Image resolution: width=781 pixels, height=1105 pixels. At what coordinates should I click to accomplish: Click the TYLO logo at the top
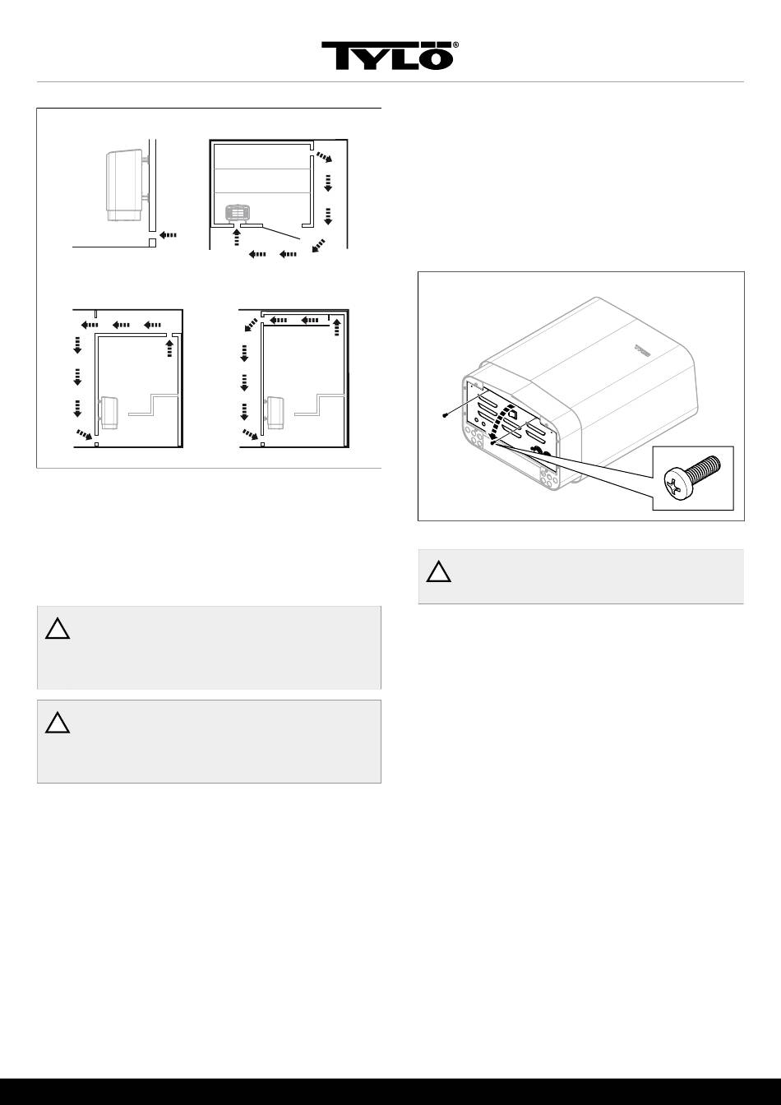387,55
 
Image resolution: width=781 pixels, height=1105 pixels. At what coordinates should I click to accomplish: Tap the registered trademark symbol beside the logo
456,45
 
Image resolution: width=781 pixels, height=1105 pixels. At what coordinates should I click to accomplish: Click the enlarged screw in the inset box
692,478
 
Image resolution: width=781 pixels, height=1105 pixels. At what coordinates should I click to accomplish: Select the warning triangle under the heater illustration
439,571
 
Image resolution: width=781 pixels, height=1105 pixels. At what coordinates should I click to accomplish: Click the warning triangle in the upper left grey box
58,628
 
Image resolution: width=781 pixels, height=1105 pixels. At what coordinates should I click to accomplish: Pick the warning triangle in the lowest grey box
58,722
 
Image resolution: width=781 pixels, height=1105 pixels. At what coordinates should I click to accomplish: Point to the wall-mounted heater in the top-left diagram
127,185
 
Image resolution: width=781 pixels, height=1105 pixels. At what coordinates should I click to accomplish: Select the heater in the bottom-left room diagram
108,413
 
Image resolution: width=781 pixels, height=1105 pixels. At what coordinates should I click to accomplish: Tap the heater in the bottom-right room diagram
274,413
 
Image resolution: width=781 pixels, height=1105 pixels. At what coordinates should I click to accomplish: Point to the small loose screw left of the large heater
445,415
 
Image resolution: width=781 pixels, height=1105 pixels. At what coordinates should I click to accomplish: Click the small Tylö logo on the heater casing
644,349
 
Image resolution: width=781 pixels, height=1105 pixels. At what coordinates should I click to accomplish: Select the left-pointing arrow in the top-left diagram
169,235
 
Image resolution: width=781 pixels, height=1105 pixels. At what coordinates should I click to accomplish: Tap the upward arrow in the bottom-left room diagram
169,348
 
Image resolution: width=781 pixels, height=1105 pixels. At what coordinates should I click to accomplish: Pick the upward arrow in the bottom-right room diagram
337,327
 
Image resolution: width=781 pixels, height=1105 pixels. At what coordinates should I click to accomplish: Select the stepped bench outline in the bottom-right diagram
321,405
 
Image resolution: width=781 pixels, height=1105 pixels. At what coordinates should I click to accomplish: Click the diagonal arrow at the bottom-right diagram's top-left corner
251,325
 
